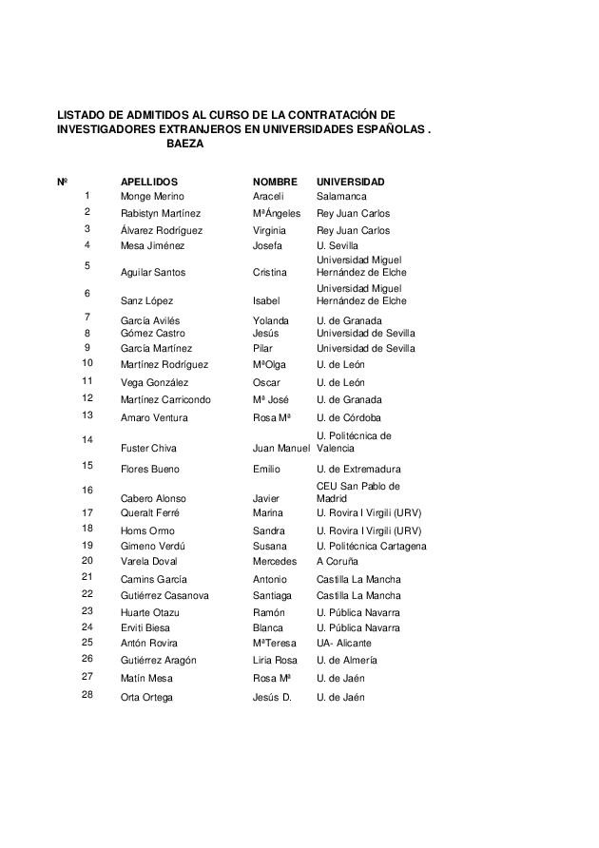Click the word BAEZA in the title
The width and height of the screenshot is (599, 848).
pos(185,145)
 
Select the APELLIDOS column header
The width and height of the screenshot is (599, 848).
pos(149,181)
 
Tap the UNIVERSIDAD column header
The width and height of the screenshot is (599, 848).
pos(351,181)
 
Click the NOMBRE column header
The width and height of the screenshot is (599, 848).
pos(275,181)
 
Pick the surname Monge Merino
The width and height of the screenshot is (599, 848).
pos(152,197)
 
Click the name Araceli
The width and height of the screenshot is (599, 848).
pos(269,197)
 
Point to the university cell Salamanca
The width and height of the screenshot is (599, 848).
pos(341,197)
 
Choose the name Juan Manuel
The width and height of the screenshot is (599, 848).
pos(281,449)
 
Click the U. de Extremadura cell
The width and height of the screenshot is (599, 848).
pos(358,470)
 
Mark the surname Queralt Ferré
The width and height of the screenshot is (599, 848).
pos(150,513)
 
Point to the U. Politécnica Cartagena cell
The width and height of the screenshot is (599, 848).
pos(372,547)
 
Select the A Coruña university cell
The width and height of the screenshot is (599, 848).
pos(339,562)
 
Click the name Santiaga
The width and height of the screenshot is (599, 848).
pos(274,596)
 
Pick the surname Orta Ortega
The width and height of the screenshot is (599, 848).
pos(147,698)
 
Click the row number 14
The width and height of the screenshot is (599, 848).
pos(87,440)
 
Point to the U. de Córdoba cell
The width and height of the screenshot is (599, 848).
pos(349,418)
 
